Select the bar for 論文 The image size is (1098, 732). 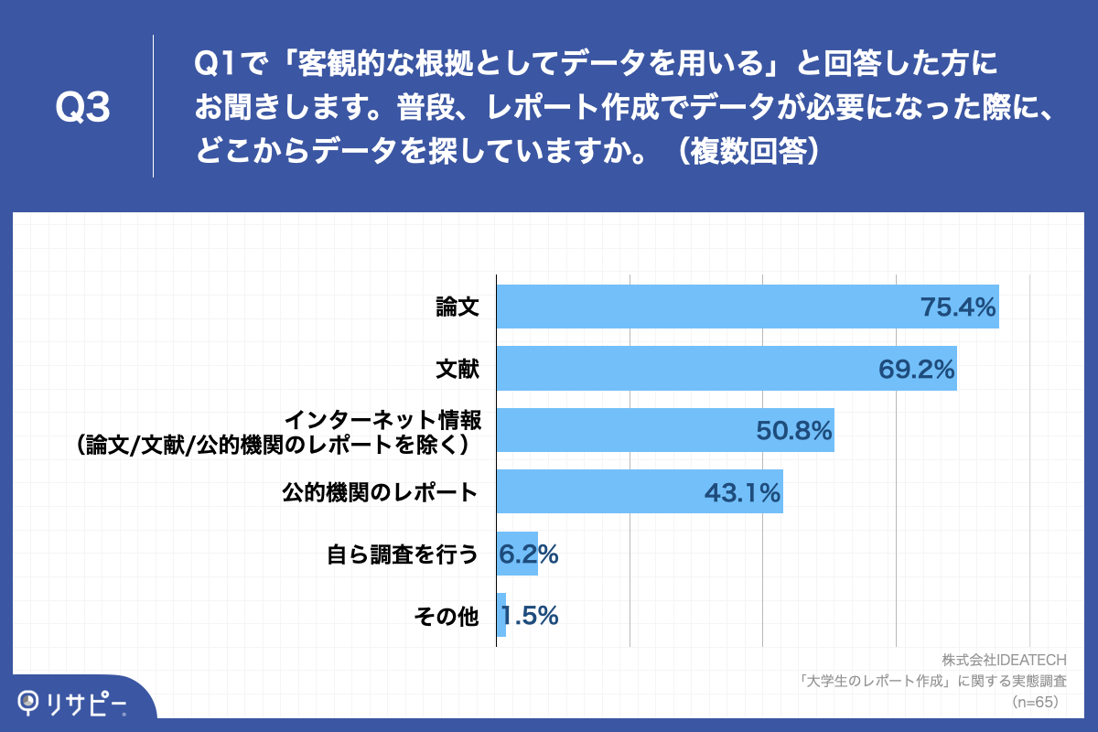click(695, 307)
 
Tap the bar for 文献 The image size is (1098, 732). click(677, 368)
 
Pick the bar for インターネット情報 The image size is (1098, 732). click(622, 430)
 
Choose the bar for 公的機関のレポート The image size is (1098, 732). click(595, 492)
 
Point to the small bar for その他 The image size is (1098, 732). click(501, 615)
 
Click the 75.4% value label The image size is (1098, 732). click(957, 307)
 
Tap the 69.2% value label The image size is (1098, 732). click(917, 369)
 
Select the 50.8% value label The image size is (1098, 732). click(794, 431)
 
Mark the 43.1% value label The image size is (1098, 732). click(742, 493)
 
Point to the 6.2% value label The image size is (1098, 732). click(529, 554)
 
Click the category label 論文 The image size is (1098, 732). click(457, 307)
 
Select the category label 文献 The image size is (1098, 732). click(457, 369)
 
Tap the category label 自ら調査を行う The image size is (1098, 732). click(403, 554)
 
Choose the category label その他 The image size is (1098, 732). click(447, 617)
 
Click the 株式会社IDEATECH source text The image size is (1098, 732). click(1004, 660)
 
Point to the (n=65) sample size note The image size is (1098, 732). click(1034, 702)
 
